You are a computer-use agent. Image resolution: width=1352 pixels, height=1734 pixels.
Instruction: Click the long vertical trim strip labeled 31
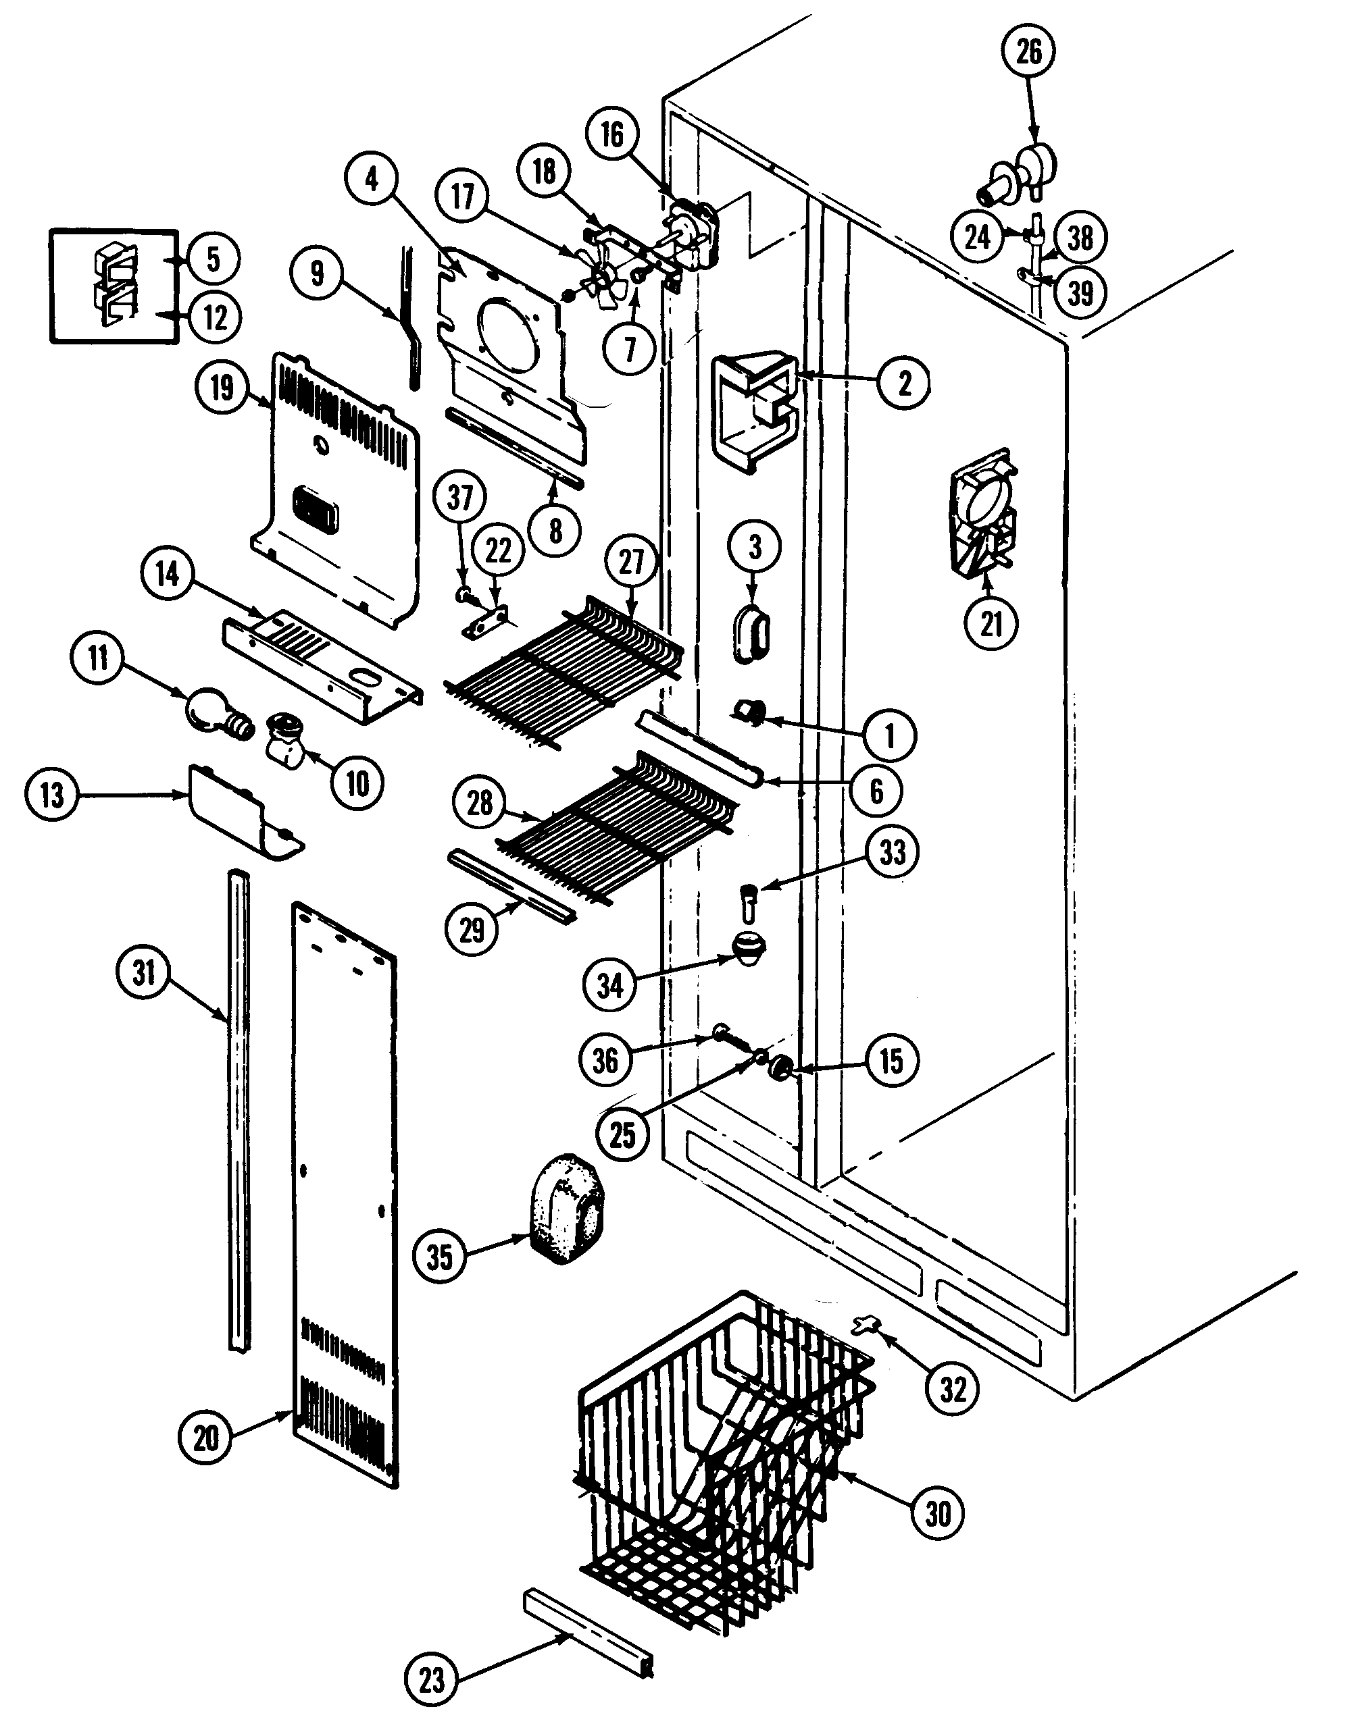[238, 1111]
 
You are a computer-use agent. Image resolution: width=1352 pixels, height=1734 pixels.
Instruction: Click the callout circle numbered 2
[904, 384]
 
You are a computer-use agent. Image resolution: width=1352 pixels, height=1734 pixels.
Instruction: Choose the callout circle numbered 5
[213, 259]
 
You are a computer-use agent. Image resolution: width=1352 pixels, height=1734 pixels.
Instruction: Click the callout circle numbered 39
[1080, 294]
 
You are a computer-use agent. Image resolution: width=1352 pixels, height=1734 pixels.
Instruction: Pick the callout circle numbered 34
[610, 985]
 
